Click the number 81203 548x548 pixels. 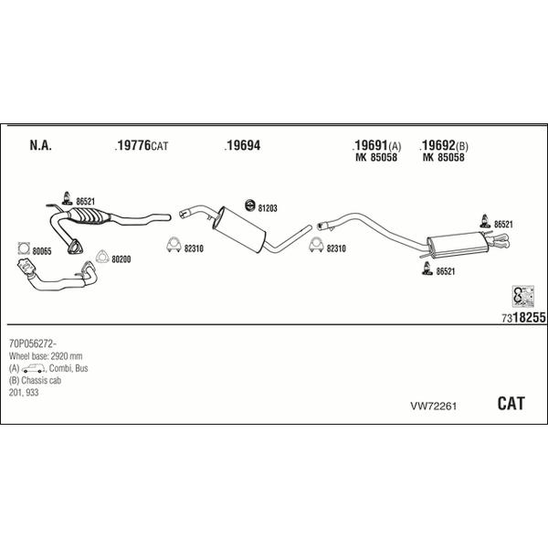coord(268,207)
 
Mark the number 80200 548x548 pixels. coord(121,258)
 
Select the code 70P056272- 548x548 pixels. coord(32,343)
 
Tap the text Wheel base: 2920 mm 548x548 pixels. coord(47,355)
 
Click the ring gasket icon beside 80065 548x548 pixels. coord(24,247)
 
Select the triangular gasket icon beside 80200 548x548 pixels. coord(101,258)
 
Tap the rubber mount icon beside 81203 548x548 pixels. coord(250,205)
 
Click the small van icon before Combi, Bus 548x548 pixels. coord(35,367)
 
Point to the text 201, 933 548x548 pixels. coord(23,391)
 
